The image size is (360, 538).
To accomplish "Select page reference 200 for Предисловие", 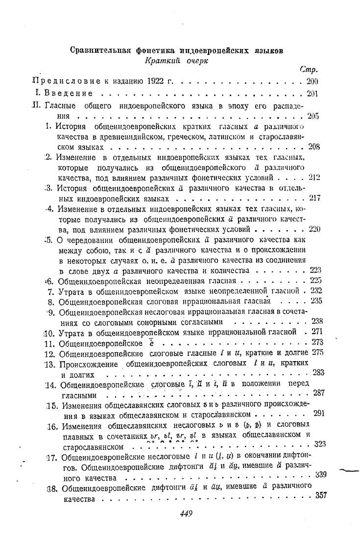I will click(x=312, y=81).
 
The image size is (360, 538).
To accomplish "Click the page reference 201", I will click(x=312, y=93).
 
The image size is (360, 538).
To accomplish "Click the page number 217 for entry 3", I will click(x=314, y=198).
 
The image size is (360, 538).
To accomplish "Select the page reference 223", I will click(x=316, y=270).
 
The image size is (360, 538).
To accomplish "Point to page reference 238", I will click(x=317, y=321).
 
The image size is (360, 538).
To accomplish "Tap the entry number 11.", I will click(x=51, y=343).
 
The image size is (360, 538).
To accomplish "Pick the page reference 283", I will click(x=318, y=372).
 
